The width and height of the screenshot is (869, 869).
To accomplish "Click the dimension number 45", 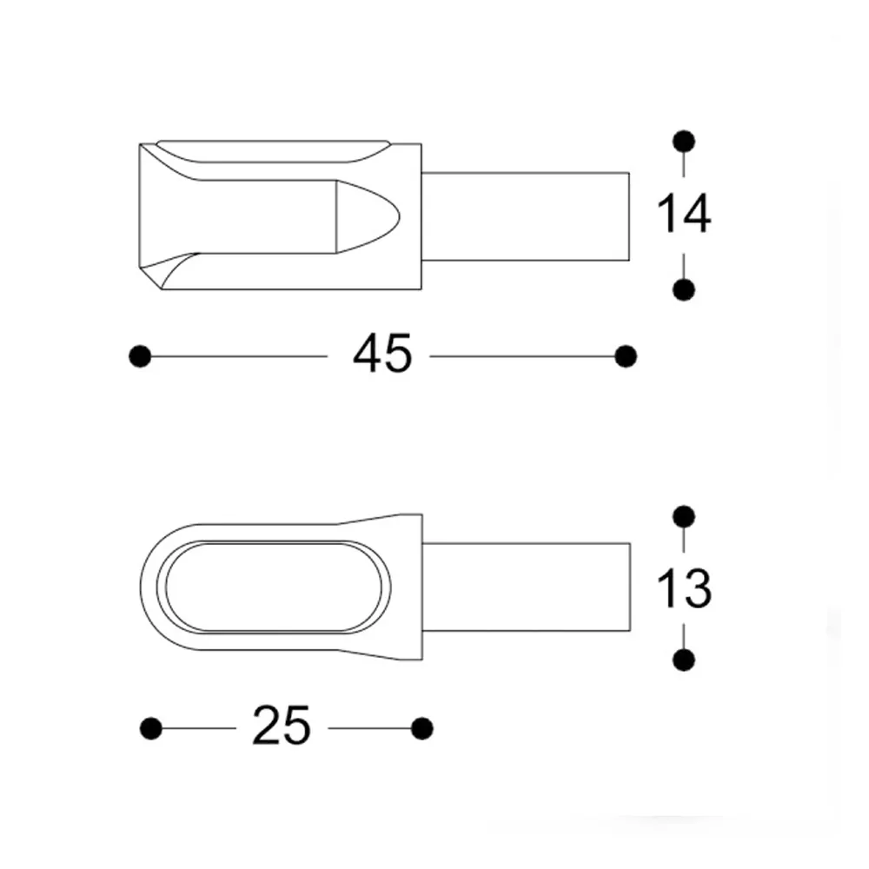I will pyautogui.click(x=381, y=355).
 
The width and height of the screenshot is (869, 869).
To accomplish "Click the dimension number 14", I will pyautogui.click(x=683, y=215).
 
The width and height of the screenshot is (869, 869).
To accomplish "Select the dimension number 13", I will pyautogui.click(x=683, y=589).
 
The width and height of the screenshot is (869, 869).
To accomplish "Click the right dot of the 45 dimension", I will pyautogui.click(x=625, y=355).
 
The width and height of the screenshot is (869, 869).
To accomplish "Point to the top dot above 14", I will pyautogui.click(x=684, y=141).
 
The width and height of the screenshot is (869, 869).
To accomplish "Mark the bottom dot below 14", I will pyautogui.click(x=684, y=289).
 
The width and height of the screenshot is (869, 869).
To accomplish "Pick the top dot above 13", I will pyautogui.click(x=684, y=517).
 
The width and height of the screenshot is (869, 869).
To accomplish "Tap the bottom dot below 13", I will pyautogui.click(x=684, y=660).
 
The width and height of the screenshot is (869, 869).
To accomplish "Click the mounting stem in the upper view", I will pyautogui.click(x=526, y=216).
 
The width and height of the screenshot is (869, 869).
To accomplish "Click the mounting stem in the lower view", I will pyautogui.click(x=526, y=588).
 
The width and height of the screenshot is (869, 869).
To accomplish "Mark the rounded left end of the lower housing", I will pyautogui.click(x=150, y=587).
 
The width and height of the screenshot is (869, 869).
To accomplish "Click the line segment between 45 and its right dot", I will pyautogui.click(x=521, y=355).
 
